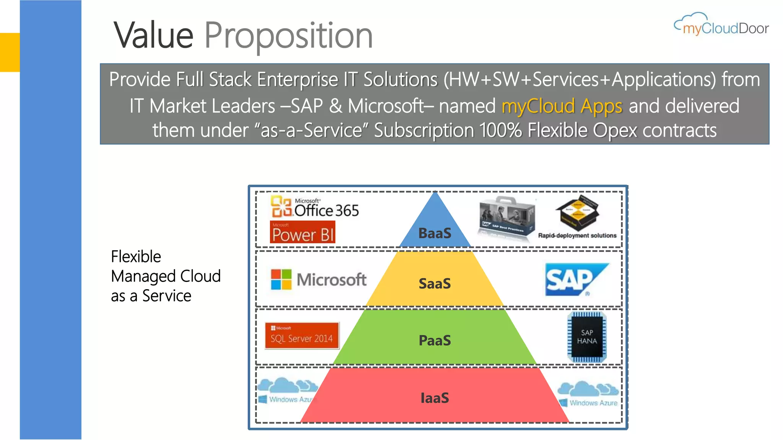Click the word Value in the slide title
coord(154,35)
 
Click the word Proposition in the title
coord(289,36)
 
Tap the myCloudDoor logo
coord(721,25)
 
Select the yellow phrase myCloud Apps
coord(562,106)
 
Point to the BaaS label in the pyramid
coord(435,233)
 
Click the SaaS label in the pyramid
coord(435,283)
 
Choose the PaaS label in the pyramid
coord(435,340)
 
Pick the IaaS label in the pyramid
coord(435,398)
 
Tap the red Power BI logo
coord(302,232)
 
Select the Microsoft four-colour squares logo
coord(281,279)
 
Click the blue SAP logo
coord(576,279)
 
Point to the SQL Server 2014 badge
coord(302,336)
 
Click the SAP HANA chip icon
coord(587,337)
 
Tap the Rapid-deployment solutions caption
coord(577,236)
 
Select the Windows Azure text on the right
coord(593,403)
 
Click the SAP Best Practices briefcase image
coord(506,218)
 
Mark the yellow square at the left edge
coord(10,52)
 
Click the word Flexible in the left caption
coord(136,257)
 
